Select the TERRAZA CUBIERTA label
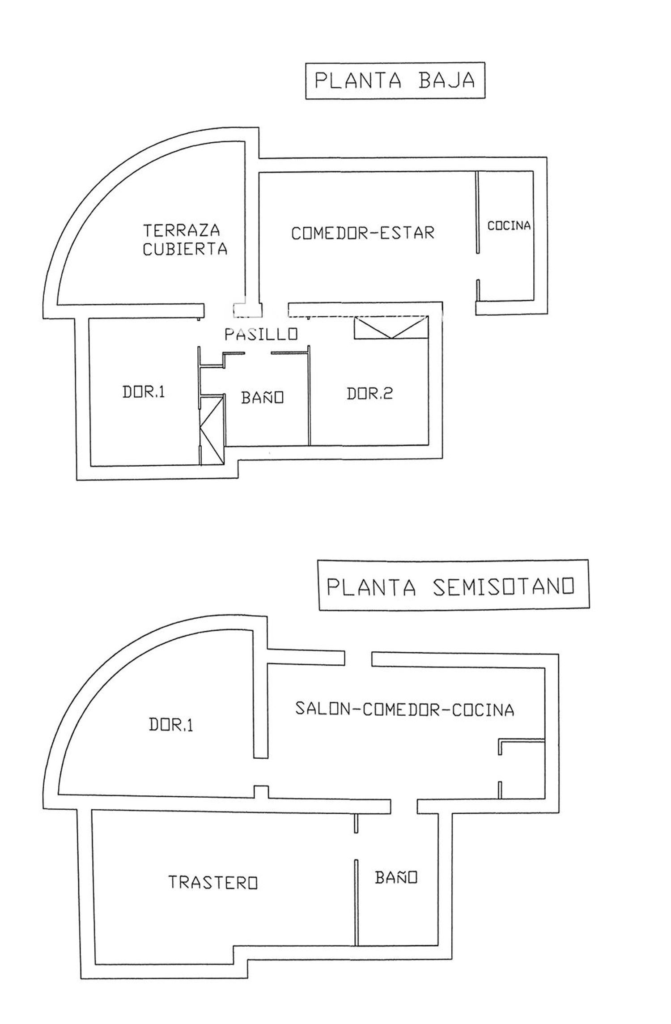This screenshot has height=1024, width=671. [x=185, y=240]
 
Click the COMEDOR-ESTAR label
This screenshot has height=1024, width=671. [x=363, y=233]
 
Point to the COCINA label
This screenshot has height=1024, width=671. [x=509, y=225]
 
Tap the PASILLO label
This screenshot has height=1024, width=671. [x=261, y=334]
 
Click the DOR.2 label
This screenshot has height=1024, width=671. [x=369, y=394]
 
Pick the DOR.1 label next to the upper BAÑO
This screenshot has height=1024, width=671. [x=144, y=392]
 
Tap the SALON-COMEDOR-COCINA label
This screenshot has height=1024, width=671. [x=404, y=710]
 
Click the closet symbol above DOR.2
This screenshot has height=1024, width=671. [x=391, y=327]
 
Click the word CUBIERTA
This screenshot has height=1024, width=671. [x=185, y=249]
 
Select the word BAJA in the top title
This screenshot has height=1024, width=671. [x=446, y=81]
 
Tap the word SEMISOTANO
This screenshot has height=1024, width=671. [x=503, y=586]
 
